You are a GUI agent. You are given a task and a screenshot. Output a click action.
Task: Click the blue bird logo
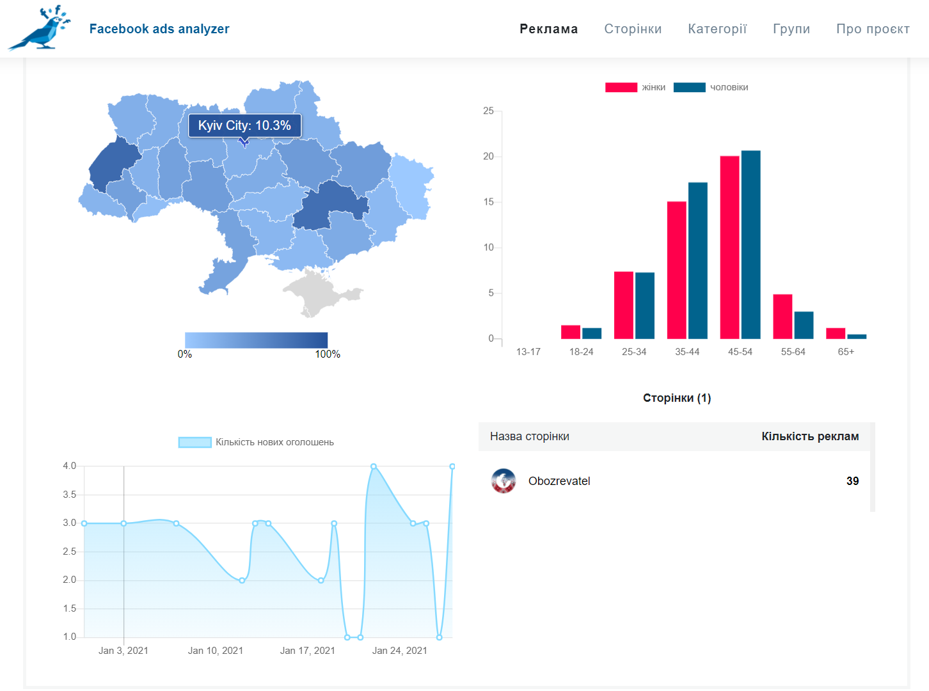coord(40,29)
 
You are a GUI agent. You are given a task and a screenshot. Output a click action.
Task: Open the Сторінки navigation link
coord(633,29)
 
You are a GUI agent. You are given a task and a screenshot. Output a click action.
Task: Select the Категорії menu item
coord(717,29)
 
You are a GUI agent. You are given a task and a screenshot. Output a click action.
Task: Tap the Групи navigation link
coord(791,29)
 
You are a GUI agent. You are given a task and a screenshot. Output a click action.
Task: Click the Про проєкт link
coord(873,29)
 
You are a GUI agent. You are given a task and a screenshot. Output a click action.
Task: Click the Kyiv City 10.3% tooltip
coord(244,125)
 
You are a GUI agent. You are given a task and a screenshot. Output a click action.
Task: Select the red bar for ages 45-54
coord(729,247)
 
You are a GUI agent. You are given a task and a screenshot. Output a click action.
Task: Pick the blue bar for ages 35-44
coord(698,260)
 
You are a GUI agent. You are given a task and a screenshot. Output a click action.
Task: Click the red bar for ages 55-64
coord(782,316)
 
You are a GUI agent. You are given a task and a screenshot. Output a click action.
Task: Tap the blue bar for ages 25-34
coord(644,305)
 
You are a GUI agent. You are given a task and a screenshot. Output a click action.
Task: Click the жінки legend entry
coord(635,87)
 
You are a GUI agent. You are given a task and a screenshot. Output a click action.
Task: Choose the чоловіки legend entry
coord(711,87)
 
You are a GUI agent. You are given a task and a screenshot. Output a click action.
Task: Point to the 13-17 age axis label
coord(528,351)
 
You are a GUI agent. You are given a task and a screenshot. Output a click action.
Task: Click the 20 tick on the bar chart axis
coord(488,156)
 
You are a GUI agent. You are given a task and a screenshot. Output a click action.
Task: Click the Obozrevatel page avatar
coord(503,481)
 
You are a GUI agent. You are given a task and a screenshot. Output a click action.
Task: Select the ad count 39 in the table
coord(852,481)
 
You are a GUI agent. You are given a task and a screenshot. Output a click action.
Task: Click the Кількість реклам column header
coord(810,436)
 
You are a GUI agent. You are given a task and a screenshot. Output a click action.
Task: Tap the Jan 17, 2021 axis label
coord(308,650)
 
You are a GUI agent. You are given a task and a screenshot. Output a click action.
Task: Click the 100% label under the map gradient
coord(328,354)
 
